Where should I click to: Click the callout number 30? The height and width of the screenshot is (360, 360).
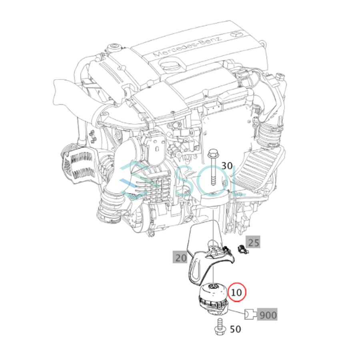click(226, 166)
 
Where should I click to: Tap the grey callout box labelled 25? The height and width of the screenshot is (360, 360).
click(254, 242)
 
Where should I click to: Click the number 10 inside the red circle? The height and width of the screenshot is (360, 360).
click(237, 292)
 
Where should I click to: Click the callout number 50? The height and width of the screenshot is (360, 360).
click(236, 329)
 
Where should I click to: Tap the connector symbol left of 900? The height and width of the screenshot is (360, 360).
click(249, 315)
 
